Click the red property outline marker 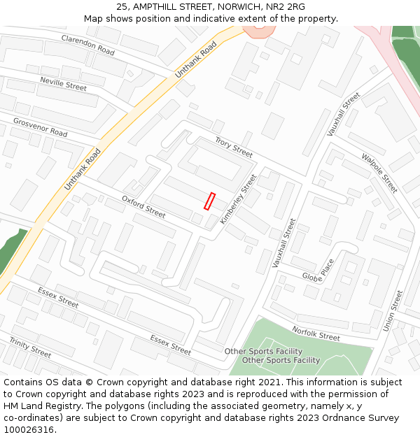click(209, 201)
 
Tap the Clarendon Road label click(87, 45)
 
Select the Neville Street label click(63, 84)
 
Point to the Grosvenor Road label click(40, 127)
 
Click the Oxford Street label click(143, 206)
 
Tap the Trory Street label click(234, 147)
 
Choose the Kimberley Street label click(239, 199)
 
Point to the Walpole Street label click(379, 173)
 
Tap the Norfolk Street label click(316, 334)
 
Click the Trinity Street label click(30, 347)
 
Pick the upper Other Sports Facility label click(263, 351)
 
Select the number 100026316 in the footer click(27, 429)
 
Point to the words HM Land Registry click(38, 406)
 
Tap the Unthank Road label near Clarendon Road click(196, 58)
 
